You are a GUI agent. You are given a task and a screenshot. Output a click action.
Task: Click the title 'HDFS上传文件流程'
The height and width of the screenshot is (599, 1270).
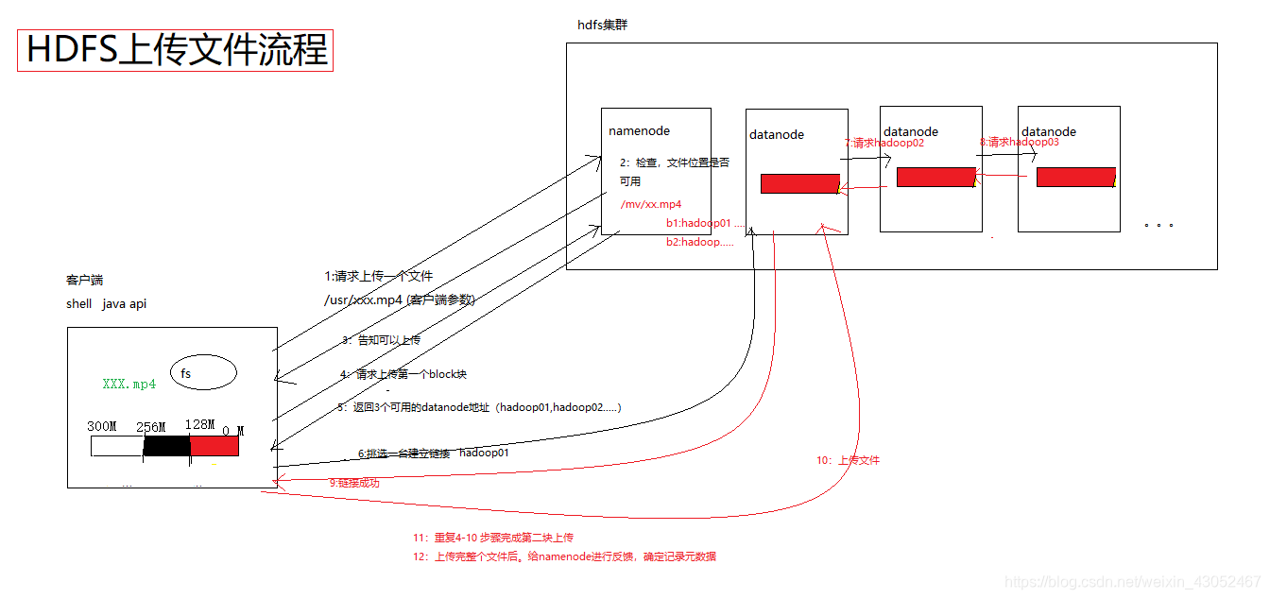coord(176,50)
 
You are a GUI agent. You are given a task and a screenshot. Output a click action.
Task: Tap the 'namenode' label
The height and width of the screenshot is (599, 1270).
coord(639,131)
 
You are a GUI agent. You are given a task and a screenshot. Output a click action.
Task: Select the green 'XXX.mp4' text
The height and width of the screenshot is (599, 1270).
coord(129,385)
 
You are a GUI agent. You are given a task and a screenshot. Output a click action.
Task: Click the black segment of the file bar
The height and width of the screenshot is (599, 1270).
coord(166,446)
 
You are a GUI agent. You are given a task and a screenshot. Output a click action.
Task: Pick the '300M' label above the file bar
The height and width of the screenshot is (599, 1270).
coord(101,426)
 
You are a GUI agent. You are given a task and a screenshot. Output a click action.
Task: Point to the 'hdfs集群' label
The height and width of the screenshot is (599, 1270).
coord(602,26)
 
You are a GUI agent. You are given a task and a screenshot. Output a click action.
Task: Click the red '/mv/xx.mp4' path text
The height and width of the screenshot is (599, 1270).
coord(651,204)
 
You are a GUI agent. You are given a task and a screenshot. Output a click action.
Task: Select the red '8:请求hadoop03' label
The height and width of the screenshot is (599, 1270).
coord(1019,142)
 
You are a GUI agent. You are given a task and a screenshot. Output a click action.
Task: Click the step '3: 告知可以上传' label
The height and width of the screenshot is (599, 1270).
coord(382,340)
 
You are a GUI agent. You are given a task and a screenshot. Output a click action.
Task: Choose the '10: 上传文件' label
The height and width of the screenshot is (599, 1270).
coord(848,460)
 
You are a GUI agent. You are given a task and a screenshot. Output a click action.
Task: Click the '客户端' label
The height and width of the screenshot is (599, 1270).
coord(84,281)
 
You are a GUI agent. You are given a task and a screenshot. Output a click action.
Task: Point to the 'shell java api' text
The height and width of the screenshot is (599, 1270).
coord(106,304)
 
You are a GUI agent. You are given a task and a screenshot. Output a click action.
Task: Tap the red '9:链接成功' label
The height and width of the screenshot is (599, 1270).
coord(354,483)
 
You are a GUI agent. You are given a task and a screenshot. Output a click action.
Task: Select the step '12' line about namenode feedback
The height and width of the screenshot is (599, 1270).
coord(564,556)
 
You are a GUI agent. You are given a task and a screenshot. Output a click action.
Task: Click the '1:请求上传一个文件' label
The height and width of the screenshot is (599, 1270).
coord(378,276)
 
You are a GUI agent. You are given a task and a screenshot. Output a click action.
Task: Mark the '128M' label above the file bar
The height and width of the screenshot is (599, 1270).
coord(199,425)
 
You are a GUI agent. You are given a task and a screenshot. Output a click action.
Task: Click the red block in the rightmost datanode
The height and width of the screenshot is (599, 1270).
coord(1075,177)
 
